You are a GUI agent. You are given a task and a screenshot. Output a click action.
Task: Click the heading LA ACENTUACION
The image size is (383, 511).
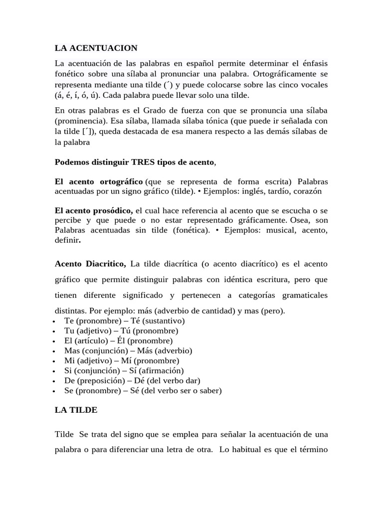point(96,48)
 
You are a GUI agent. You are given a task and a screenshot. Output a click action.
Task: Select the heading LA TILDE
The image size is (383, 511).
point(76,410)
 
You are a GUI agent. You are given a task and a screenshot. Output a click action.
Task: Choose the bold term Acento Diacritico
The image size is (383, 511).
point(90,263)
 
